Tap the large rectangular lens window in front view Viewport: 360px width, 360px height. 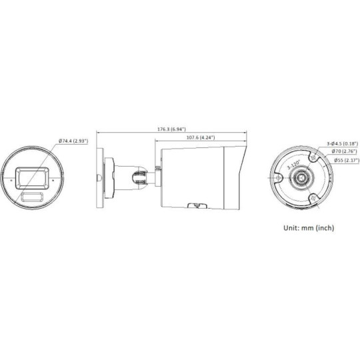pyautogui.click(x=32, y=175)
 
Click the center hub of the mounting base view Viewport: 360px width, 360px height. pyautogui.click(x=303, y=178)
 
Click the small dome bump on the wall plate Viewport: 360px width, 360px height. pyautogui.click(x=99, y=178)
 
